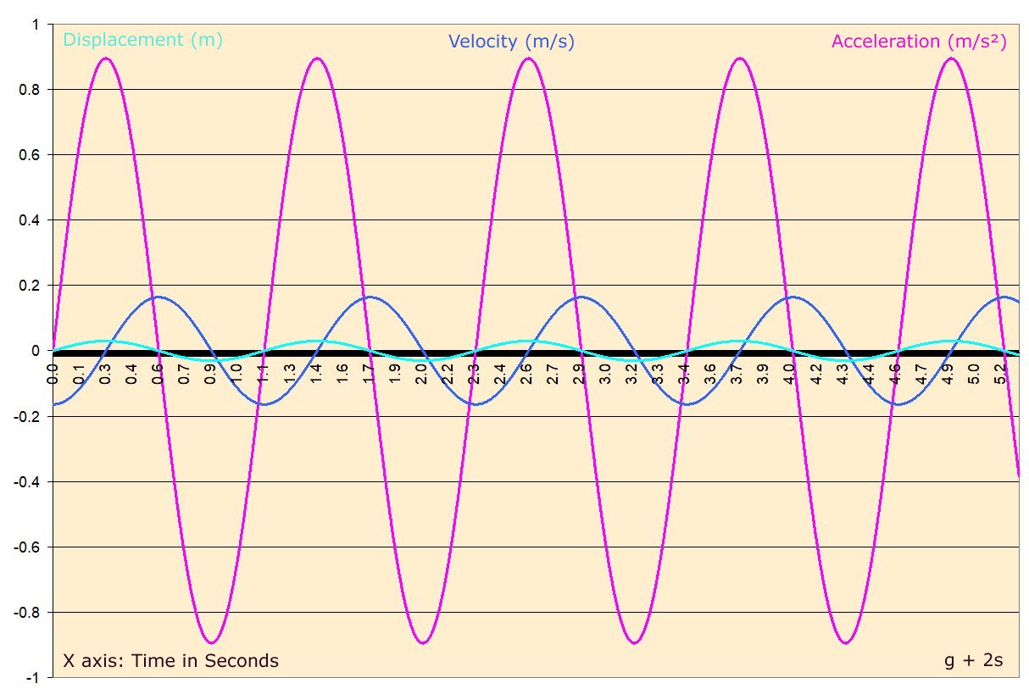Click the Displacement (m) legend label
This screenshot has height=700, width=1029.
coord(143,39)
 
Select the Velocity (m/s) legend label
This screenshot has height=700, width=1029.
coord(511,41)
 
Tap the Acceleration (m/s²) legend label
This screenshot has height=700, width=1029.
coord(919,41)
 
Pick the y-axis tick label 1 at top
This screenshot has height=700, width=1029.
coord(36,25)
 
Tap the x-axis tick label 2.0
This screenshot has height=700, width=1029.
coord(421,374)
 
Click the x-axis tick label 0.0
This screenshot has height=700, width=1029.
coord(53,374)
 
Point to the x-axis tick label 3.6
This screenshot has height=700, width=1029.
coord(711,374)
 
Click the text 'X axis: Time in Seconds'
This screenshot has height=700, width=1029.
coord(170,661)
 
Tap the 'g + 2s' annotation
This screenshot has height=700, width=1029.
coord(973,661)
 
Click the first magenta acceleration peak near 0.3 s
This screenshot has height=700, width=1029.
coord(105,58)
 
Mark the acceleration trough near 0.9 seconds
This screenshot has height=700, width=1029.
coord(212,642)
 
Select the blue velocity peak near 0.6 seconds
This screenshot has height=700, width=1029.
coord(159,297)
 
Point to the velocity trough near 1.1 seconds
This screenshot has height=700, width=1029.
coord(264,404)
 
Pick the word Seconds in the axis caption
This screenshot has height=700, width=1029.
coord(242,661)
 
